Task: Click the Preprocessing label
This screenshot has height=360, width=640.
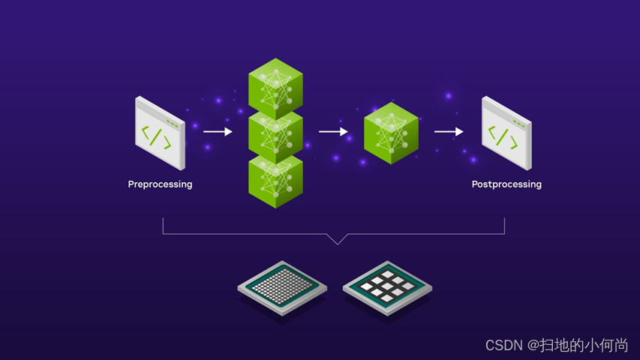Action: click(x=160, y=184)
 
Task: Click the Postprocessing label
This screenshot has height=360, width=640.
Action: click(x=506, y=184)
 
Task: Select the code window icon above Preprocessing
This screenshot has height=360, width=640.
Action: click(x=160, y=133)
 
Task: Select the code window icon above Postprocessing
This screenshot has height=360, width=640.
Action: click(x=506, y=133)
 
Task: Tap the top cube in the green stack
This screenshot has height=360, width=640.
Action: click(x=275, y=86)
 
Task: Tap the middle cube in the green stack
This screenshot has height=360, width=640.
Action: click(x=275, y=133)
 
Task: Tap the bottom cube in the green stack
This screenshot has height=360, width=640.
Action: click(x=275, y=180)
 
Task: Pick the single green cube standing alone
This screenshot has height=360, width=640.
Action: click(x=391, y=133)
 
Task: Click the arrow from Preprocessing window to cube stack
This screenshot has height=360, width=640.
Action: click(x=218, y=131)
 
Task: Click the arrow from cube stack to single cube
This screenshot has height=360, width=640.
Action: click(x=333, y=132)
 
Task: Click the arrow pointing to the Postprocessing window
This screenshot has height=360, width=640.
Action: click(x=449, y=132)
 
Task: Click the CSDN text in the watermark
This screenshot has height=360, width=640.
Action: click(x=503, y=345)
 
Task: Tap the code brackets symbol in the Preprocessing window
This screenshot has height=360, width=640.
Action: click(x=156, y=136)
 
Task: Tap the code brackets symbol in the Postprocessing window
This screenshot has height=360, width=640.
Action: click(x=503, y=136)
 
